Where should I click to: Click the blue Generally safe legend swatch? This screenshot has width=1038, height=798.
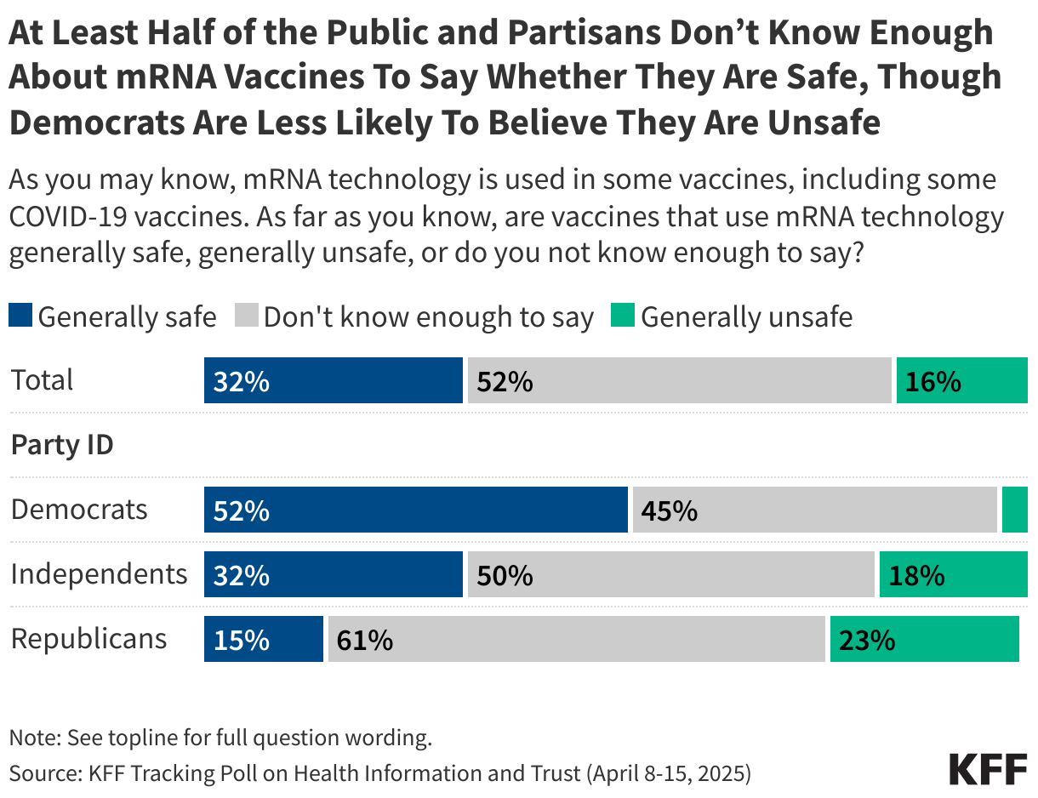(x=21, y=317)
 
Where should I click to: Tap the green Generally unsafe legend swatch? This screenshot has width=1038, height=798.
(x=623, y=317)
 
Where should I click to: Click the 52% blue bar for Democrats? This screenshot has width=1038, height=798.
(x=415, y=510)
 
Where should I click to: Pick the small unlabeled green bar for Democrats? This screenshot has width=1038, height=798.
(x=1014, y=510)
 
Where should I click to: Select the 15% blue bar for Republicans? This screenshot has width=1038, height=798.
(x=263, y=640)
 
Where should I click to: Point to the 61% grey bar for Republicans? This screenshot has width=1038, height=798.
(x=577, y=640)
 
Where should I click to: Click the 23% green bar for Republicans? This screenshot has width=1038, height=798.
(x=924, y=640)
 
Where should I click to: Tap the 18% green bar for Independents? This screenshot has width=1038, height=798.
(x=953, y=575)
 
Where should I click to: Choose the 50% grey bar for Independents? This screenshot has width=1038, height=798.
(x=670, y=575)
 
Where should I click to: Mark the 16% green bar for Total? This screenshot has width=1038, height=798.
(x=961, y=381)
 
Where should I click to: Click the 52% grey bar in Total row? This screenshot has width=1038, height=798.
(x=679, y=381)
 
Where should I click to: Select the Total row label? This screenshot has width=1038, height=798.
(x=43, y=379)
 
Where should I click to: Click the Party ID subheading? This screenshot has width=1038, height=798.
(x=62, y=445)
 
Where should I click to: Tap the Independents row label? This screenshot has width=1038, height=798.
(x=99, y=574)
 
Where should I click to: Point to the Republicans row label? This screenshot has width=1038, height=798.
(x=88, y=638)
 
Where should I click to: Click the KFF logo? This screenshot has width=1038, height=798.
(x=988, y=769)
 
